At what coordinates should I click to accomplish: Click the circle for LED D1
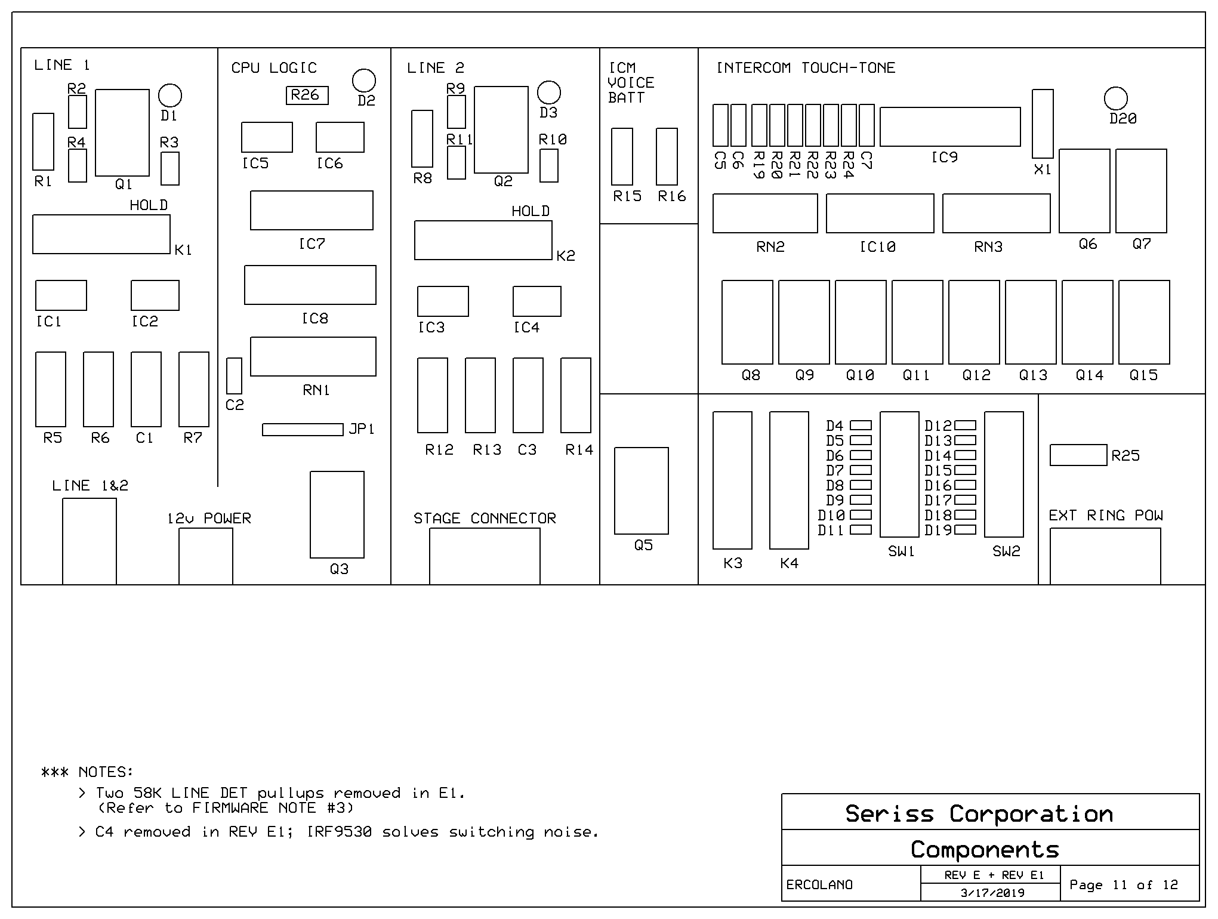(170, 95)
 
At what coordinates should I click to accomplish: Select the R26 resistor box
(307, 95)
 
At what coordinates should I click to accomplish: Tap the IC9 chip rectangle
(950, 127)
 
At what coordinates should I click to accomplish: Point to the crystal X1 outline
(1043, 124)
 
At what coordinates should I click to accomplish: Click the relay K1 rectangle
(101, 235)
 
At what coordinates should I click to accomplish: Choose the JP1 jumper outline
(303, 430)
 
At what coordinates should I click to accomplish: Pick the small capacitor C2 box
(235, 376)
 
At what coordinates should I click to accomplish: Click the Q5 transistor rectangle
(642, 491)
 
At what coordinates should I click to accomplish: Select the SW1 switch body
(899, 474)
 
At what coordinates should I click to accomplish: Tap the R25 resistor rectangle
(1078, 455)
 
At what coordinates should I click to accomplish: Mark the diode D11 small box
(861, 530)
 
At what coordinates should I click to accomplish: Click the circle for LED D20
(1116, 98)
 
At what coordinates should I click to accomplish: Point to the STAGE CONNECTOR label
(485, 519)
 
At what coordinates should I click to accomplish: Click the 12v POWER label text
(209, 519)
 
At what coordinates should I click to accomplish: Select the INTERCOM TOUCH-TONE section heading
(806, 68)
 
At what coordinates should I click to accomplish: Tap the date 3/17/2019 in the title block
(992, 893)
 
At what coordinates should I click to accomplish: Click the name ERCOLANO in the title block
(819, 885)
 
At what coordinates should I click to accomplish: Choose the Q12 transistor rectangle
(974, 322)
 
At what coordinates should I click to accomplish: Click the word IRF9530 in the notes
(339, 832)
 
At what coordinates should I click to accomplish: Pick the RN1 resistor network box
(313, 357)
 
